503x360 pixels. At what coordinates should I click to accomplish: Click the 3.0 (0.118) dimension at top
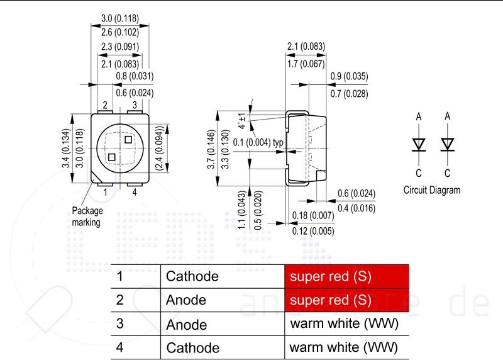pyautogui.click(x=120, y=18)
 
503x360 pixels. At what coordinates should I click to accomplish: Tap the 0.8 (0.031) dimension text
pyautogui.click(x=135, y=76)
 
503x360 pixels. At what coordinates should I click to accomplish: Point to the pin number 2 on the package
pyautogui.click(x=105, y=105)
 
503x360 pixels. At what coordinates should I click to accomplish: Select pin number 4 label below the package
pyautogui.click(x=135, y=192)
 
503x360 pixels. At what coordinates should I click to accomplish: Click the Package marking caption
pyautogui.click(x=87, y=217)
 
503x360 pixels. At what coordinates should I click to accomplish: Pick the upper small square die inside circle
pyautogui.click(x=128, y=140)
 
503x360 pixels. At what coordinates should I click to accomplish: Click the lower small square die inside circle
pyautogui.click(x=112, y=157)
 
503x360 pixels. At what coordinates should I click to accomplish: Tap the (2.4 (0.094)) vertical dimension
pyautogui.click(x=160, y=148)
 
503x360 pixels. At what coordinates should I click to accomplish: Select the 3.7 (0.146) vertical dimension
pyautogui.click(x=211, y=149)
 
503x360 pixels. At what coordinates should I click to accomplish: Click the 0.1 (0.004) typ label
pyautogui.click(x=258, y=142)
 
